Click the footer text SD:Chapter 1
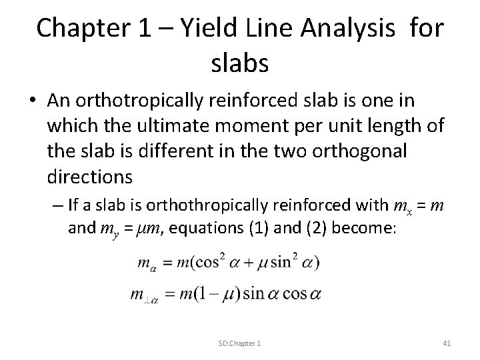coord(239,343)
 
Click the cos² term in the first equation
coord(210,262)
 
